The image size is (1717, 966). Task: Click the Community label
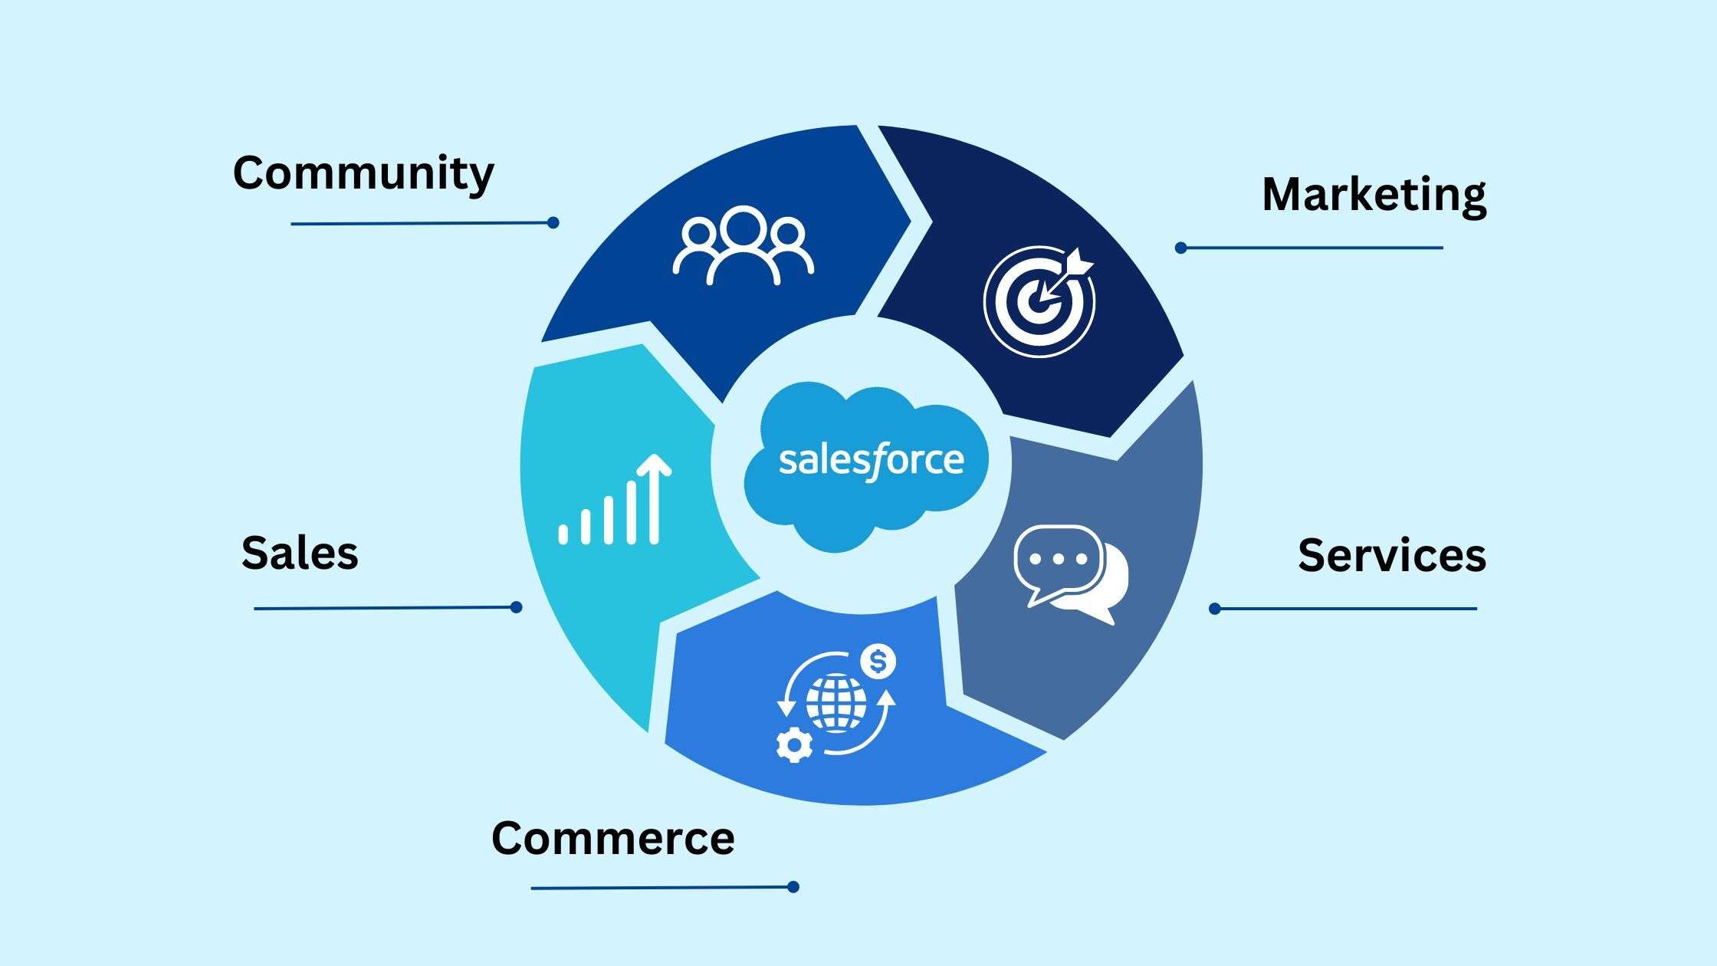[x=363, y=173]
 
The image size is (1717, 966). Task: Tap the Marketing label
[x=1374, y=195]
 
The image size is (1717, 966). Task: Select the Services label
[x=1391, y=555]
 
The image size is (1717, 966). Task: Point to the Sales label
[x=299, y=553]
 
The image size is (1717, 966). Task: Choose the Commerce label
[x=612, y=838]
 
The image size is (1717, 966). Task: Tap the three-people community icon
[x=743, y=245]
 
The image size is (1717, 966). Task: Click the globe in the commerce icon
[x=836, y=702]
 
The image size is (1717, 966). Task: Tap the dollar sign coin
[x=878, y=661]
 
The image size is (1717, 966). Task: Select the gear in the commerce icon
[x=794, y=744]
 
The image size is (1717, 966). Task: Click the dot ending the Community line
[x=553, y=222]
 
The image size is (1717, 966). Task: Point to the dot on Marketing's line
[x=1181, y=248]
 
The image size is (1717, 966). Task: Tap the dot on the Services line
[x=1215, y=609]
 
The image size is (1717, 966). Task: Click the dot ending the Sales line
[x=517, y=607]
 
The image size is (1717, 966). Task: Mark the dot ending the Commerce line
[x=793, y=887]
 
